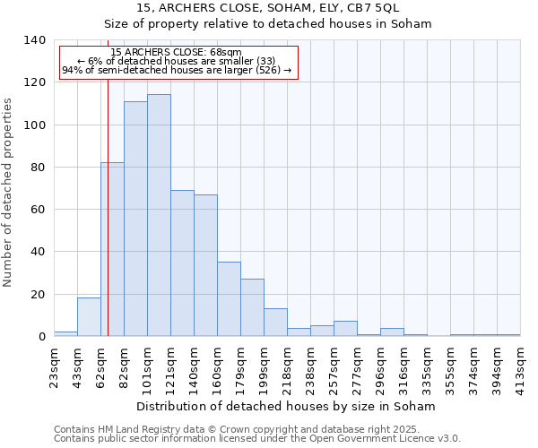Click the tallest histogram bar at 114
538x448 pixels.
pyautogui.click(x=159, y=215)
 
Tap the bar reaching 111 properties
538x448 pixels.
pyautogui.click(x=135, y=219)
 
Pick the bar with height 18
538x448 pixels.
pyautogui.click(x=89, y=317)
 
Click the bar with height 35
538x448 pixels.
pyautogui.click(x=229, y=299)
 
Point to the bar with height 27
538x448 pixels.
pyautogui.click(x=252, y=307)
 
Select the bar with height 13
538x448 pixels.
pyautogui.click(x=275, y=323)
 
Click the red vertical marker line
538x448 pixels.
pyautogui.click(x=108, y=224)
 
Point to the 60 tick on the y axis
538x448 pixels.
pyautogui.click(x=39, y=210)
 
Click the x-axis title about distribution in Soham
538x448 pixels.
pyautogui.click(x=287, y=406)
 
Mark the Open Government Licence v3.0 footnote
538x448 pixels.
pyautogui.click(x=257, y=439)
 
